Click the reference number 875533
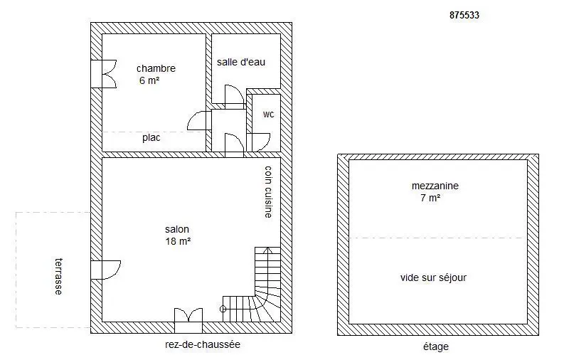click(x=464, y=15)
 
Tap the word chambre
click(x=156, y=68)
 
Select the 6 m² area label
click(x=149, y=80)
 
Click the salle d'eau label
click(x=241, y=62)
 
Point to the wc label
click(x=268, y=115)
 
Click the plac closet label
click(x=151, y=138)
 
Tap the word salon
click(x=177, y=229)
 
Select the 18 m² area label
click(x=178, y=241)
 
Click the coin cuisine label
click(x=268, y=191)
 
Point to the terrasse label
click(x=58, y=276)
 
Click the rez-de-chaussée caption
click(x=203, y=344)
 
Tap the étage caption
click(x=435, y=346)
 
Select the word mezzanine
click(x=435, y=186)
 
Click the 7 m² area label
click(x=430, y=198)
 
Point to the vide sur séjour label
click(x=433, y=277)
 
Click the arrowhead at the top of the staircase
click(x=267, y=249)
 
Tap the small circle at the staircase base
click(x=223, y=309)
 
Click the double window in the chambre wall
click(x=104, y=74)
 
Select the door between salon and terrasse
click(x=106, y=270)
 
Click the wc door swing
click(x=258, y=142)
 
